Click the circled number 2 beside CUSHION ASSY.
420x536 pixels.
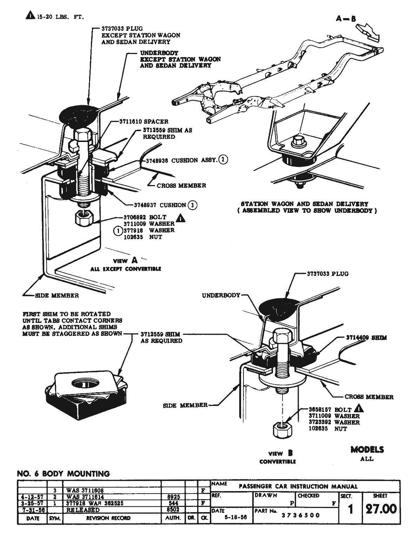point(223,160)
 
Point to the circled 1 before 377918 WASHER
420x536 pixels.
point(118,230)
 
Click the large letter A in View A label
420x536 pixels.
point(134,260)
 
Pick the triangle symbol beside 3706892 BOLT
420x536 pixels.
point(180,218)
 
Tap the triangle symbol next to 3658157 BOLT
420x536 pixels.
point(359,408)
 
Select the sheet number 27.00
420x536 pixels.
point(381,509)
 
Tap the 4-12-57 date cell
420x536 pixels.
point(32,497)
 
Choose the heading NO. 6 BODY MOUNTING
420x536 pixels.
point(63,474)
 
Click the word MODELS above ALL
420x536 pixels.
point(367,449)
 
